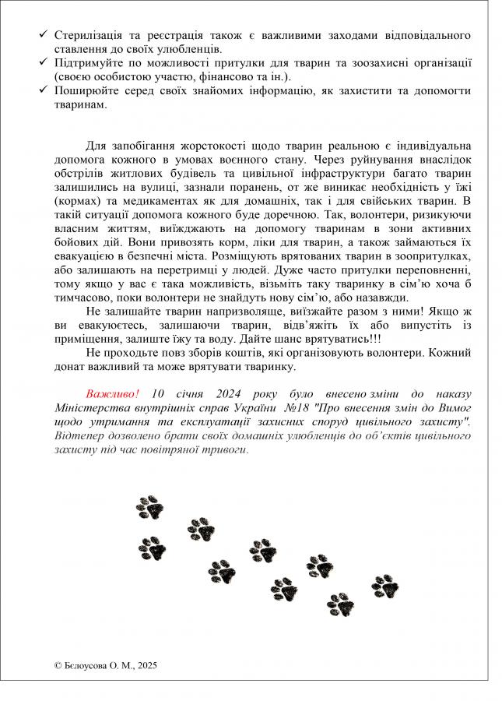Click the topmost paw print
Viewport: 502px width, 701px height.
(x=149, y=507)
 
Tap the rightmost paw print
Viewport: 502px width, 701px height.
(x=384, y=586)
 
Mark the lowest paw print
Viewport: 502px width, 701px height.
(x=340, y=604)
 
